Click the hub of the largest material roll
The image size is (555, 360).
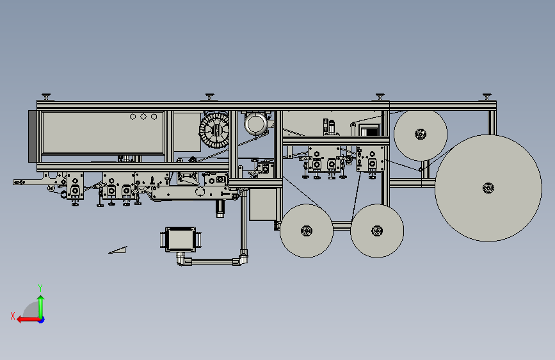point(488,188)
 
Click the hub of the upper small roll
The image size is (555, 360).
point(421,135)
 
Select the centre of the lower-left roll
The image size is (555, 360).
point(307,231)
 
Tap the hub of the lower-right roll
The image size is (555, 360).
point(377,231)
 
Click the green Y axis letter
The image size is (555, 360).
point(40,288)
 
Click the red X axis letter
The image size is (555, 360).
point(13,316)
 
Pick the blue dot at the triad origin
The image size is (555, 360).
point(42,320)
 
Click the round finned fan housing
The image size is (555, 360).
point(214,129)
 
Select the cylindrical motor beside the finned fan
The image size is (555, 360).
point(255,124)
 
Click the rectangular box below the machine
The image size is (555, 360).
point(181,240)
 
